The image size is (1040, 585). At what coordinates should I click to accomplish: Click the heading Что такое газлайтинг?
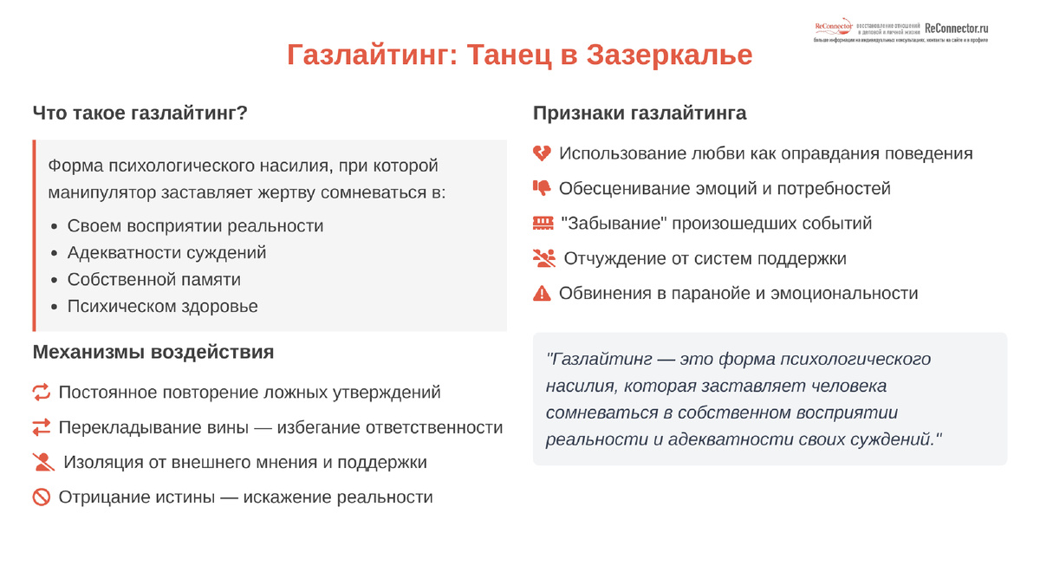click(x=140, y=114)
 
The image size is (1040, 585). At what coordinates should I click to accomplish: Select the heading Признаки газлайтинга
click(x=640, y=114)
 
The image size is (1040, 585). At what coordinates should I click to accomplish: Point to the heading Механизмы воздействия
click(x=153, y=352)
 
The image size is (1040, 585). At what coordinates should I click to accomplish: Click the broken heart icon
click(x=542, y=153)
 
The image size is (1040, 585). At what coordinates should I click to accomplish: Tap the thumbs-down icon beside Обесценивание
click(x=542, y=188)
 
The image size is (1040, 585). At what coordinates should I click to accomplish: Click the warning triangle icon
click(x=542, y=293)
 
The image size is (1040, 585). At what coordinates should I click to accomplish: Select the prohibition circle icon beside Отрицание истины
click(x=42, y=497)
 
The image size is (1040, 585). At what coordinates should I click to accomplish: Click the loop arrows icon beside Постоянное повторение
click(x=42, y=393)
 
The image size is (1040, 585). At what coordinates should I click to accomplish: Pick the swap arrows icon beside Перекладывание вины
click(x=42, y=427)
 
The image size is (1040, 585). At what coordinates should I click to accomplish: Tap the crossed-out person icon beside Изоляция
click(x=43, y=462)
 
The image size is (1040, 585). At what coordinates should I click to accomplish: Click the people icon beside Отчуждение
click(x=543, y=258)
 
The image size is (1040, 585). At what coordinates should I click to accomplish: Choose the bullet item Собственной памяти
click(x=153, y=280)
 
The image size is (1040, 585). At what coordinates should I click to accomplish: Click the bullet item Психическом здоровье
click(x=162, y=307)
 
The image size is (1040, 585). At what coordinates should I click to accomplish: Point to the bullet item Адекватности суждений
click(x=166, y=253)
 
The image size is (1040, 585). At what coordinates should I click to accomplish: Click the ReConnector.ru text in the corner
click(x=957, y=28)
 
